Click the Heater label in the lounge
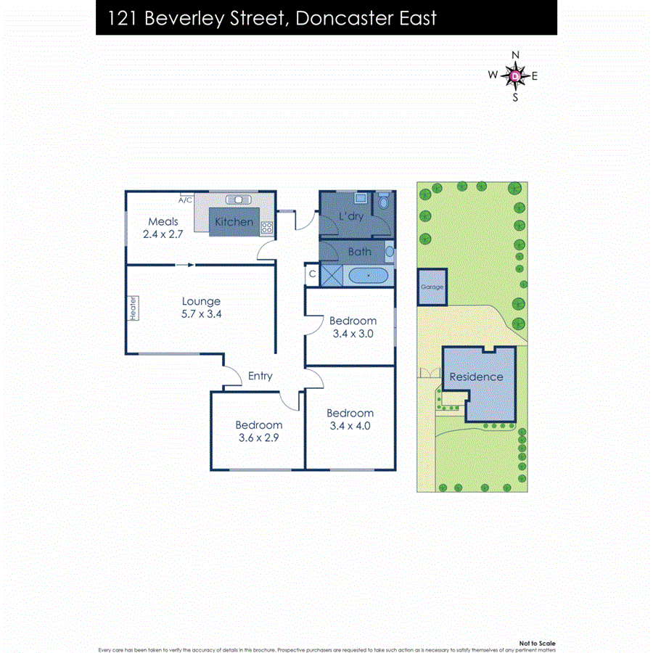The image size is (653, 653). (x=134, y=308)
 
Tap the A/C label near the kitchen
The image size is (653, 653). (x=185, y=200)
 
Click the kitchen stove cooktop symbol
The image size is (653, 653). (x=267, y=227)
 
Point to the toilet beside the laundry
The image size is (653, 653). (x=384, y=204)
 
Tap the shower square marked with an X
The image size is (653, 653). (x=333, y=276)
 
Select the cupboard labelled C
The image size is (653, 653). (x=312, y=274)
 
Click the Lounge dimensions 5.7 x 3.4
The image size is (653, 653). (x=201, y=314)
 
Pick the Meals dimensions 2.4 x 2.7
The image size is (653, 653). (x=163, y=235)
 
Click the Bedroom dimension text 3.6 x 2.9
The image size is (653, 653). (x=258, y=438)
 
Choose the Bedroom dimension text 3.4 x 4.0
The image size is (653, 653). (x=350, y=426)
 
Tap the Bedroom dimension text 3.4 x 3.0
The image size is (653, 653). (x=353, y=334)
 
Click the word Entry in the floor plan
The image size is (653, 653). (x=260, y=376)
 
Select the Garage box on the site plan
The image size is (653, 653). (x=432, y=287)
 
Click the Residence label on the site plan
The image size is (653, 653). (x=476, y=377)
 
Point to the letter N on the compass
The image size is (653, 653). (x=516, y=55)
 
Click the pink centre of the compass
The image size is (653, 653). (x=515, y=75)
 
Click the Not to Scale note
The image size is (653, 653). (x=537, y=643)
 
